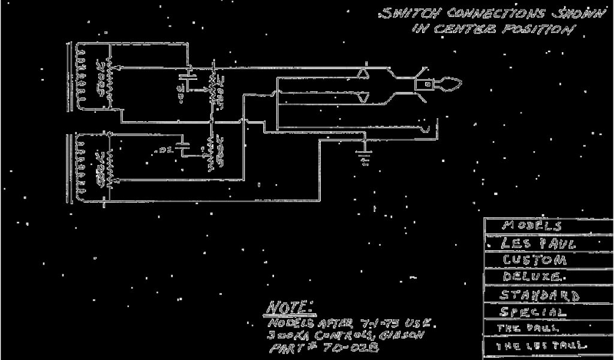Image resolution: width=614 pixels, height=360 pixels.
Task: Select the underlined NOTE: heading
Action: (289, 307)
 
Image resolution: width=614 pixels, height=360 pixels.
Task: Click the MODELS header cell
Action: (532, 226)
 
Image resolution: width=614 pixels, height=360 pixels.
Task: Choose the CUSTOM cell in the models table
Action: (534, 260)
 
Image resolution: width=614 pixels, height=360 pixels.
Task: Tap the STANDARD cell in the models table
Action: (540, 295)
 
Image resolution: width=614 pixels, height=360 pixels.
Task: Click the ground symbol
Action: (363, 157)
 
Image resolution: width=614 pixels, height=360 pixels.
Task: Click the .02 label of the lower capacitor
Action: (165, 150)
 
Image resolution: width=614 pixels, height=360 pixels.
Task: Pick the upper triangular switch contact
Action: (363, 74)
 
